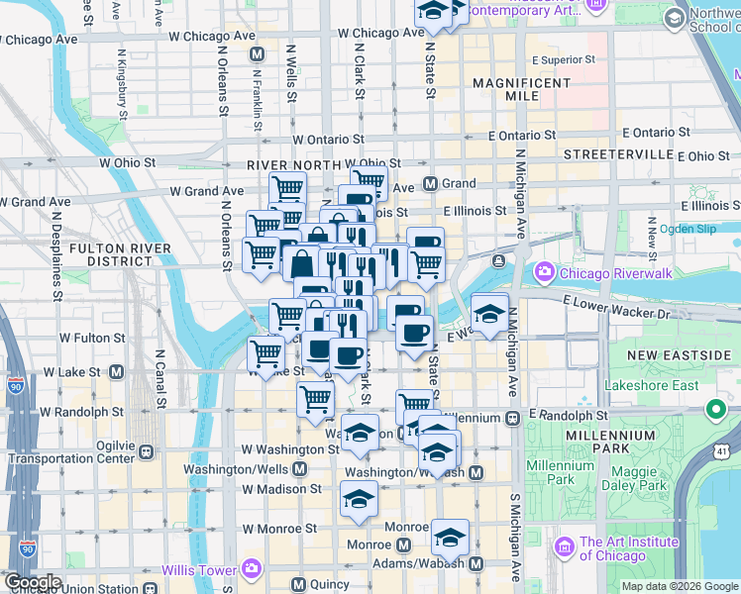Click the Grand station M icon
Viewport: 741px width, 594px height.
(431, 183)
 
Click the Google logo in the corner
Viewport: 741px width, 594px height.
(33, 582)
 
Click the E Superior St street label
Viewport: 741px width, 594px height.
(563, 59)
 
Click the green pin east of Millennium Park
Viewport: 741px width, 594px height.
(716, 409)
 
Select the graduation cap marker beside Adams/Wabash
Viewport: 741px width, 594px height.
(450, 538)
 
